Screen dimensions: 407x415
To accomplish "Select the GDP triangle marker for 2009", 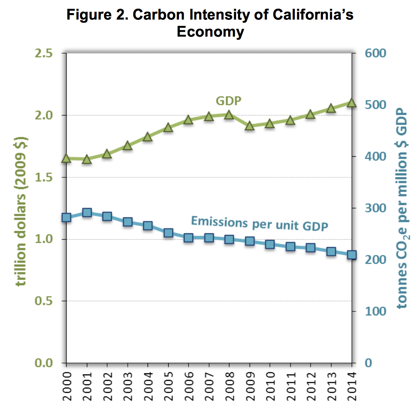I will click(x=250, y=127).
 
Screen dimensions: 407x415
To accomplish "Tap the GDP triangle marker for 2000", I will click(x=66, y=158).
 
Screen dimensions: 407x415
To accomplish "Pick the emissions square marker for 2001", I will click(x=87, y=213).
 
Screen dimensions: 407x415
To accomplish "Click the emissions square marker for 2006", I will click(x=188, y=238).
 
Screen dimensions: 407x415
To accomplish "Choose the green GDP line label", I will click(x=228, y=101).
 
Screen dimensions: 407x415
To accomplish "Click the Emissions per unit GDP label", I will click(x=259, y=223).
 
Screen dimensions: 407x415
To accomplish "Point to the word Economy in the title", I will click(x=210, y=32).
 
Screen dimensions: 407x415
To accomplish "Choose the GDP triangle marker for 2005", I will click(x=168, y=127).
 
